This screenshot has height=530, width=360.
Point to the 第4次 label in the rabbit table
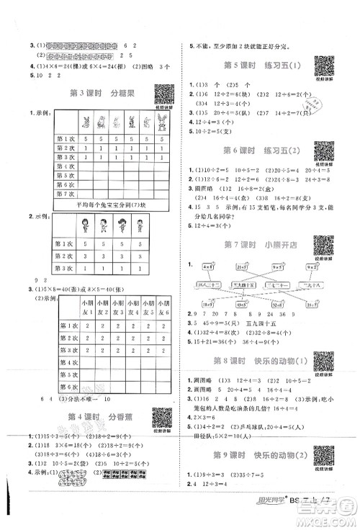point(66,165)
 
